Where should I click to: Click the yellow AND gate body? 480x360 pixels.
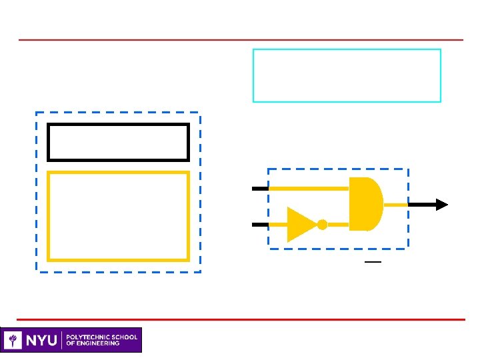[365, 204]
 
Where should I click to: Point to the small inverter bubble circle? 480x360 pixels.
[322, 225]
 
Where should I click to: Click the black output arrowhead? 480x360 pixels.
[441, 205]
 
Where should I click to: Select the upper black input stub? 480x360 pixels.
[259, 189]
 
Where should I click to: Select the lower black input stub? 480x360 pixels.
[259, 225]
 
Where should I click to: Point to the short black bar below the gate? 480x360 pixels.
[373, 262]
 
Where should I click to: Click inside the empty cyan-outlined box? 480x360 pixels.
[347, 75]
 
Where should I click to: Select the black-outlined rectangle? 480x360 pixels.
[118, 142]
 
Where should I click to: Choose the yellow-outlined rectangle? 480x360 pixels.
[118, 216]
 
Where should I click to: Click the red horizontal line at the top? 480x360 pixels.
[240, 40]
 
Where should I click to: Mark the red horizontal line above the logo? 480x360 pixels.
[240, 319]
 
